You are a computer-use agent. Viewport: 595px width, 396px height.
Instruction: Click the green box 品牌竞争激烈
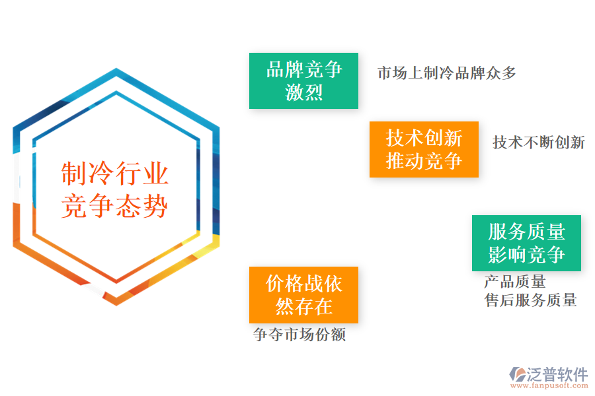point(303,81)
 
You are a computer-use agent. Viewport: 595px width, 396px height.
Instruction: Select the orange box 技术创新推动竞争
point(424,149)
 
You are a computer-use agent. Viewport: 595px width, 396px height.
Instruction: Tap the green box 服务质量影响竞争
point(526,243)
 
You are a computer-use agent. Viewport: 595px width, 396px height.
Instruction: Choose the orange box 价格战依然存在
point(303,294)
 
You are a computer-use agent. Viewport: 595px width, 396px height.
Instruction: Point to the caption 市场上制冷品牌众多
point(447,73)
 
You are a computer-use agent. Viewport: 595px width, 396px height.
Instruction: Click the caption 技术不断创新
point(539,143)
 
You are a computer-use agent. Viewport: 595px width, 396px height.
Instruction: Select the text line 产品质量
point(515,282)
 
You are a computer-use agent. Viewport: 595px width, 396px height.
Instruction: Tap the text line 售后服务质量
point(531,301)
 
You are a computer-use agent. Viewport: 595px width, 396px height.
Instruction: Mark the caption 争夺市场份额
point(299,335)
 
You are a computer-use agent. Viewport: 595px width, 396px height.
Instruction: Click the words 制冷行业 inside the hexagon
point(115,174)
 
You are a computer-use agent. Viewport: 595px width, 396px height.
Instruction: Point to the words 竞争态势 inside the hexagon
point(115,206)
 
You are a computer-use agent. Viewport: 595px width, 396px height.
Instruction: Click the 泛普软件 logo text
point(557,374)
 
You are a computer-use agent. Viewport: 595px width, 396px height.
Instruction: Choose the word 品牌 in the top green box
point(285,69)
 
